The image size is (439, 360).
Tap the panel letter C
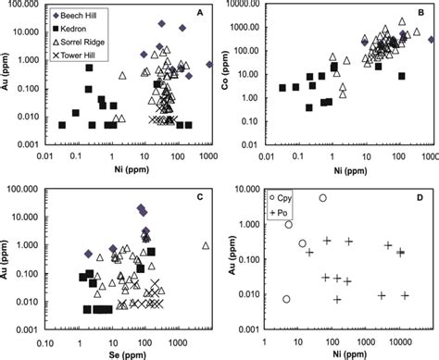[198, 195]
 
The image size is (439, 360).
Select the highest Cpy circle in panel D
[323, 198]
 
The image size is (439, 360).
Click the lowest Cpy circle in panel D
[287, 299]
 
